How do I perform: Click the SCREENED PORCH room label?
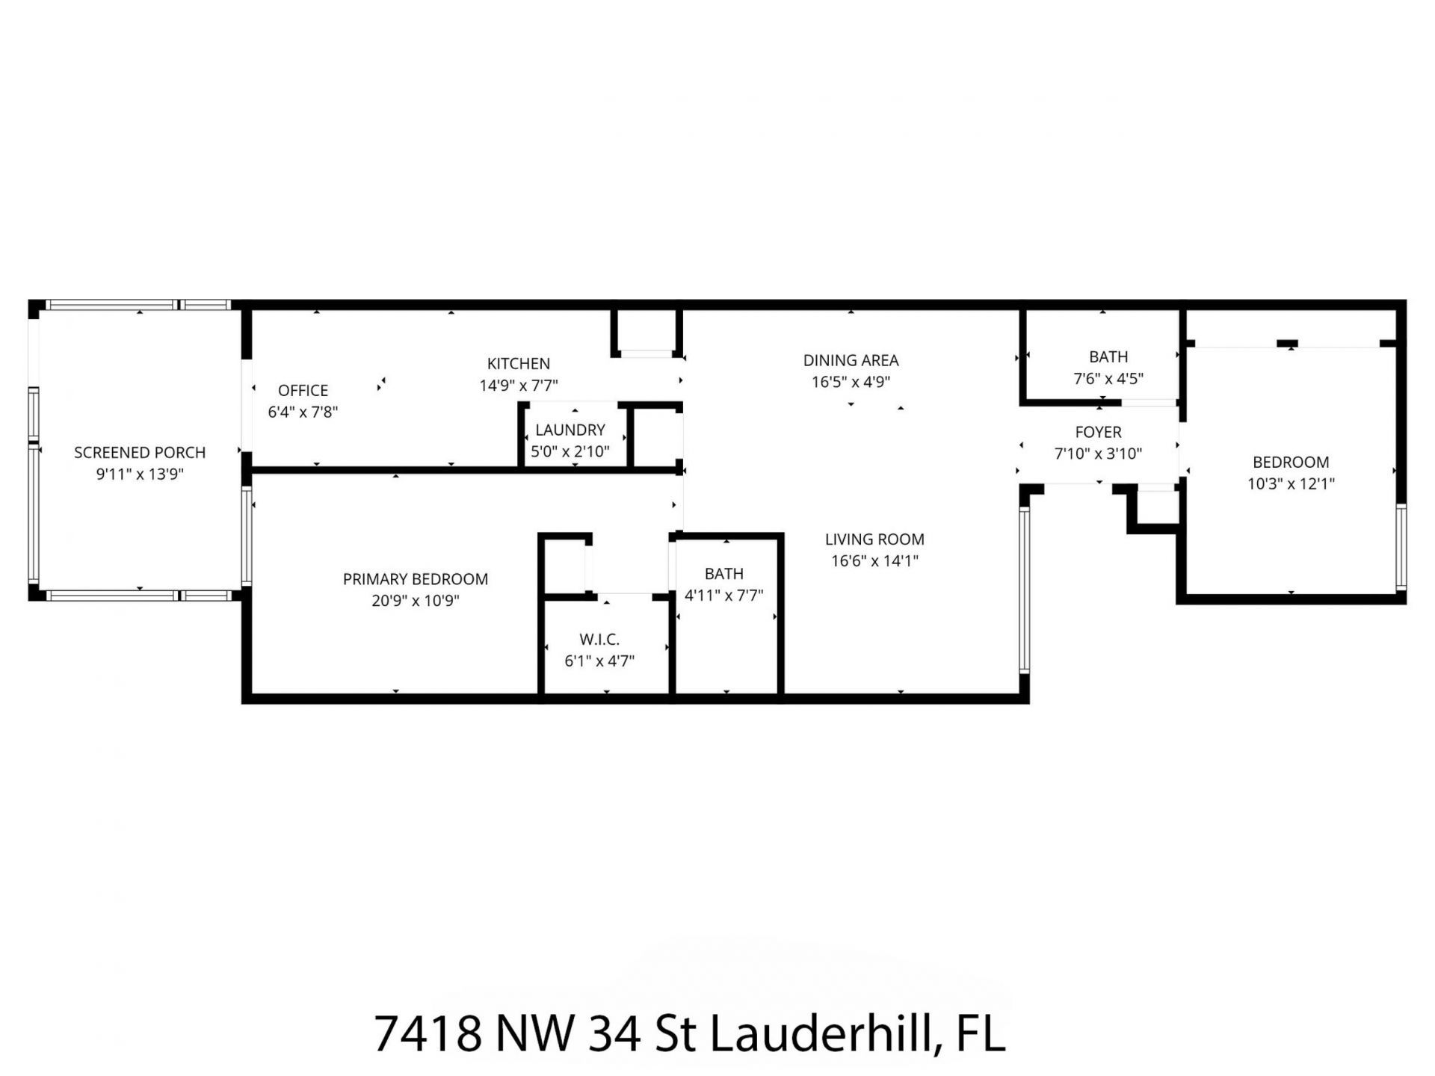(x=140, y=452)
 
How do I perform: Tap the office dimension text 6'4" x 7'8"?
(x=303, y=412)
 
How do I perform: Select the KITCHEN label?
(x=518, y=364)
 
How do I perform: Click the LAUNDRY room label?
(x=570, y=430)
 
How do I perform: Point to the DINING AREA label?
(x=851, y=360)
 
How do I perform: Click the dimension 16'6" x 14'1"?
(x=874, y=560)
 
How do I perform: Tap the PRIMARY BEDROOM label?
(x=415, y=579)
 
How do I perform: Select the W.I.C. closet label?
(x=599, y=640)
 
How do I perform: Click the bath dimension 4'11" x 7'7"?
(x=723, y=596)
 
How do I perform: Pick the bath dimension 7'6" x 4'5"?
(x=1108, y=379)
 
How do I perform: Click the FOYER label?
(x=1098, y=432)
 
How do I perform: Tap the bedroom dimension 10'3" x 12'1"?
(x=1291, y=483)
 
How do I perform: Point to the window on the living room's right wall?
(x=1024, y=590)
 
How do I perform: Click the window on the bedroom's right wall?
(x=1401, y=548)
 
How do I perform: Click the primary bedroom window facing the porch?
(x=247, y=536)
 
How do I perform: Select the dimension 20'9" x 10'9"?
(x=415, y=601)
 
